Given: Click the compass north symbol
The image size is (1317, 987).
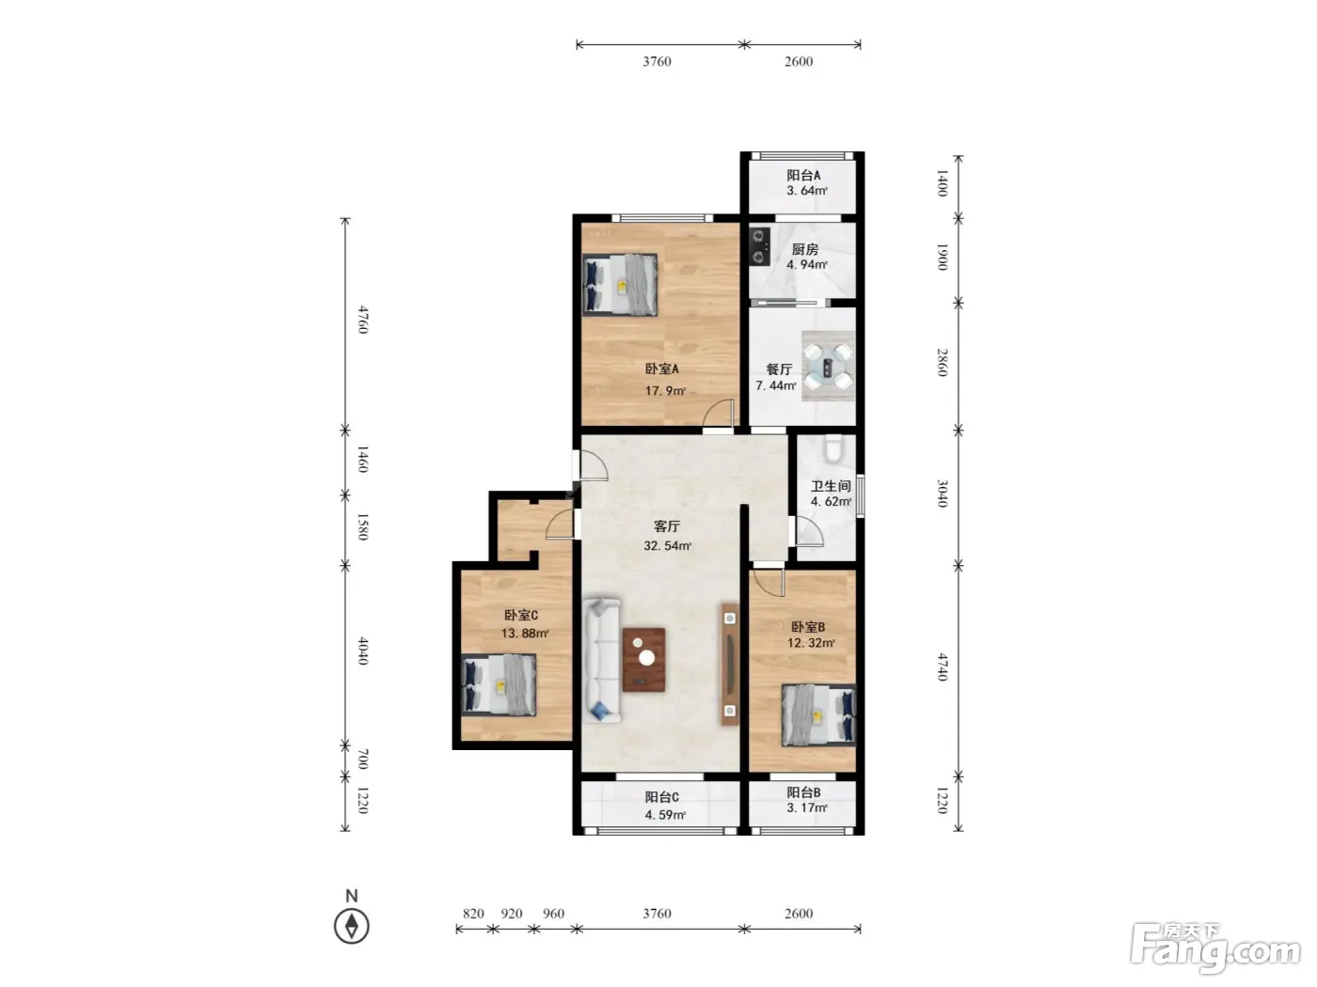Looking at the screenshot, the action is pyautogui.click(x=351, y=926).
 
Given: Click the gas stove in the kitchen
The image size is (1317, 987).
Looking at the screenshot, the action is pyautogui.click(x=760, y=246).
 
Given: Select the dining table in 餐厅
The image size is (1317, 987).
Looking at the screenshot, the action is pyautogui.click(x=828, y=367).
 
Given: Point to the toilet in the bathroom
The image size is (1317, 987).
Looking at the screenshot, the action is pyautogui.click(x=833, y=448).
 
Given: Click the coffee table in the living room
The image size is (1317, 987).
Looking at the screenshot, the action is pyautogui.click(x=643, y=659).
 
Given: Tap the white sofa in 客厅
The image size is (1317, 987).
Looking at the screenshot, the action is pyautogui.click(x=602, y=659).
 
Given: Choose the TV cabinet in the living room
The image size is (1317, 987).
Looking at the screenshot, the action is pyautogui.click(x=730, y=664).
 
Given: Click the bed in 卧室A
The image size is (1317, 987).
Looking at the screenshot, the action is pyautogui.click(x=620, y=285).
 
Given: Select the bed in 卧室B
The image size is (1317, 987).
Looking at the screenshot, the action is pyautogui.click(x=818, y=715).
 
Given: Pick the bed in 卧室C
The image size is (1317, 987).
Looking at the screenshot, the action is pyautogui.click(x=499, y=685).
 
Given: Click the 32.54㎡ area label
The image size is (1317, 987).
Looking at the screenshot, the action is pyautogui.click(x=667, y=546).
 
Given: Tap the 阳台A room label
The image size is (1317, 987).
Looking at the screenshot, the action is pyautogui.click(x=803, y=175).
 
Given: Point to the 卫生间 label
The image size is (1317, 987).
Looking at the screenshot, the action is pyautogui.click(x=831, y=486).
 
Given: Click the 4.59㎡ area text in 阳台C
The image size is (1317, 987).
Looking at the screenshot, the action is pyautogui.click(x=665, y=815).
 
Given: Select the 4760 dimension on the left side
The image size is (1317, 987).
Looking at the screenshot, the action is pyautogui.click(x=363, y=320).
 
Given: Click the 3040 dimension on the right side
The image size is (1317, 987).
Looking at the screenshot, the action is pyautogui.click(x=943, y=493).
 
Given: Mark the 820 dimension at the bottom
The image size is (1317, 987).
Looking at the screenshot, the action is pyautogui.click(x=473, y=914).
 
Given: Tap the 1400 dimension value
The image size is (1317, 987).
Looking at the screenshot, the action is pyautogui.click(x=943, y=182).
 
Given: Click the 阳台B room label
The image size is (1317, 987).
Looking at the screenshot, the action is pyautogui.click(x=803, y=792).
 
